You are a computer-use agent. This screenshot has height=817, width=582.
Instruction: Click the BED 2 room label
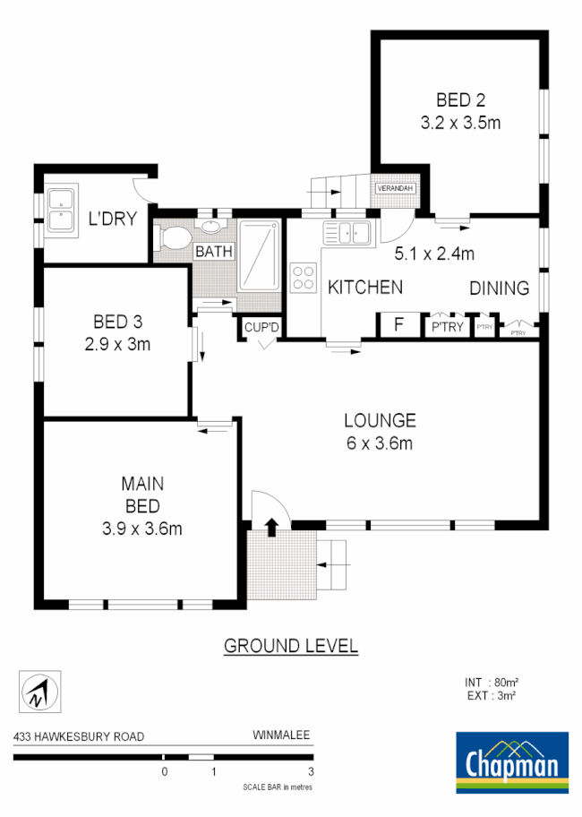[x=460, y=99]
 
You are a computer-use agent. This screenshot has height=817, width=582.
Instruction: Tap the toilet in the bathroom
[x=173, y=239]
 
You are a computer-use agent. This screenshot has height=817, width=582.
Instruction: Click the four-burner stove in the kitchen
[x=304, y=276]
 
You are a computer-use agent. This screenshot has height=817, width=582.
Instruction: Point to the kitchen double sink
[x=348, y=233]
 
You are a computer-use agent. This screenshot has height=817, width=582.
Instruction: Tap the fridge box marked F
[x=398, y=325]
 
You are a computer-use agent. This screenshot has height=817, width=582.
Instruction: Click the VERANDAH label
[x=395, y=189]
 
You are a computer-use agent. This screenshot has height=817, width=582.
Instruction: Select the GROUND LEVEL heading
[x=290, y=645]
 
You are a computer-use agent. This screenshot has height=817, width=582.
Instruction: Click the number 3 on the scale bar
[x=311, y=772]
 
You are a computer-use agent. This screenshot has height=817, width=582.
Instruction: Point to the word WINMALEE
[x=281, y=736]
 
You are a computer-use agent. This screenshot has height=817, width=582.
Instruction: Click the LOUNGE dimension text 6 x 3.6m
[x=380, y=442]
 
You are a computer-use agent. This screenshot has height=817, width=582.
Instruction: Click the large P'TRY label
[x=448, y=326]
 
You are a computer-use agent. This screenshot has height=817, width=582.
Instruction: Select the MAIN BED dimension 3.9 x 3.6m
[x=142, y=529]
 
